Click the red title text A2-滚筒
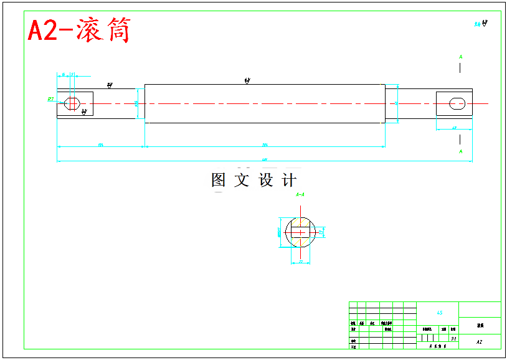coord(79,30)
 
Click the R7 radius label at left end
coord(50,98)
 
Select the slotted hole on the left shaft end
coord(72,103)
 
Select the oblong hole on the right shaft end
coord(457,103)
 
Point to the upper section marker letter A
coord(461,57)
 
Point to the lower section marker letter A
coord(461,151)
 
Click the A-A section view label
coord(300,195)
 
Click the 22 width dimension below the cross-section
coord(301,262)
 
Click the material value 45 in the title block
coord(439,313)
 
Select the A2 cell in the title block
coord(479,342)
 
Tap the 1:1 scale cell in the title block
coord(453,339)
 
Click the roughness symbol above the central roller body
coord(247,81)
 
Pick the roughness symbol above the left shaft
coord(110,85)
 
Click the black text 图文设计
coord(253,181)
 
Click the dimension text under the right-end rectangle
coord(453,128)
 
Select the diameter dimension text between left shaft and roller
coord(137,104)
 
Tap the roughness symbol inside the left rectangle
coord(84,112)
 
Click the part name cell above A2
coord(480,325)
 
